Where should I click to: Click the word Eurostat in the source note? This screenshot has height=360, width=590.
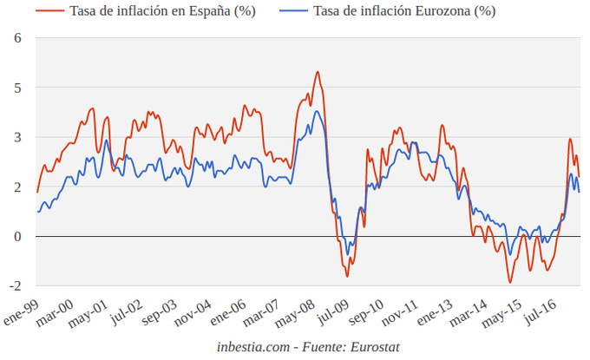pyautogui.click(x=370, y=346)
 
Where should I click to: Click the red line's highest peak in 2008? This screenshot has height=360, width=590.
pyautogui.click(x=318, y=72)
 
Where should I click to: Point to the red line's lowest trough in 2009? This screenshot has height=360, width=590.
pyautogui.click(x=347, y=276)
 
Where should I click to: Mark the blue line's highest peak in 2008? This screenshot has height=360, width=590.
pyautogui.click(x=318, y=111)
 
